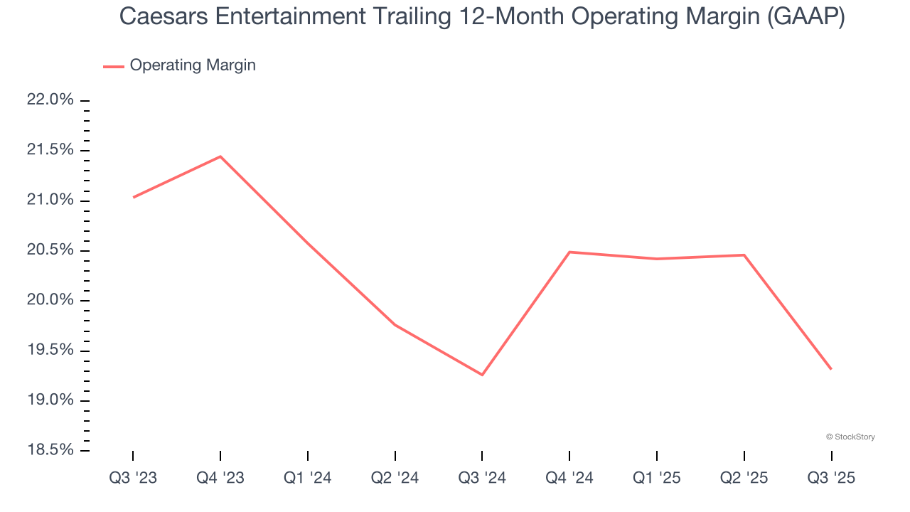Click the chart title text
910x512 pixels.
pos(482,16)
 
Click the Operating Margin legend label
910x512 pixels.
pos(193,65)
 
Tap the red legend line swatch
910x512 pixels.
pos(114,66)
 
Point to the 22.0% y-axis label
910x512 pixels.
pos(50,100)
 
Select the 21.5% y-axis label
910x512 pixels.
pos(50,150)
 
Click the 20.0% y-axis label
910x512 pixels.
pos(50,300)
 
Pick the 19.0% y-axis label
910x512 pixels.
pos(50,400)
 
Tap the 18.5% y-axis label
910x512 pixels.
pos(50,450)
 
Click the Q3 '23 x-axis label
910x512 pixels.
pos(133,479)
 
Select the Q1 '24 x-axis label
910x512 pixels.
pos(308,479)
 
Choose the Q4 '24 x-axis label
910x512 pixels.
pos(569,479)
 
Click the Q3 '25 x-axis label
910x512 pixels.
pos(832,479)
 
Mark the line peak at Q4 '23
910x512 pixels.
pos(220,156)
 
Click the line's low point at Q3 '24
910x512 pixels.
pos(482,375)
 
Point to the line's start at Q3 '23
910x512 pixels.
pos(134,197)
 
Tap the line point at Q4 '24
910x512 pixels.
pos(569,252)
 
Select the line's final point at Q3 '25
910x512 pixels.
pos(831,369)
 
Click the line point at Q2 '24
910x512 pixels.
pos(395,325)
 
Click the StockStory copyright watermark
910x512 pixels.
pos(850,437)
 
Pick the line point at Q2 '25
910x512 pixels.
pos(744,255)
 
